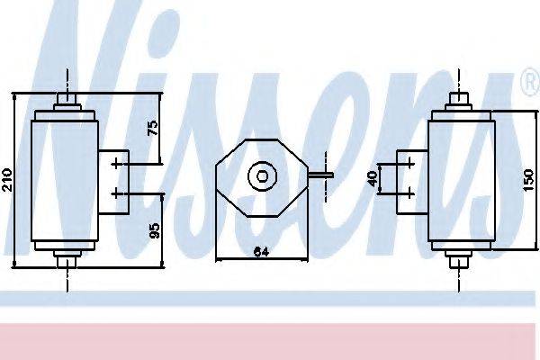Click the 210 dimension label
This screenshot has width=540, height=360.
(7, 179)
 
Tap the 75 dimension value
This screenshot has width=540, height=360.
(153, 128)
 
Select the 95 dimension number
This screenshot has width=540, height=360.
(155, 230)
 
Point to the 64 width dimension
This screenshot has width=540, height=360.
(261, 252)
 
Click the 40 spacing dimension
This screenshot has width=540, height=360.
(373, 179)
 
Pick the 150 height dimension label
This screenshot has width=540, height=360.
(528, 179)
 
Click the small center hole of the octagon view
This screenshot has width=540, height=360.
(263, 176)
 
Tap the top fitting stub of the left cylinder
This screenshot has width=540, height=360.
(67, 98)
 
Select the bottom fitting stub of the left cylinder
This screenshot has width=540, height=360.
(67, 262)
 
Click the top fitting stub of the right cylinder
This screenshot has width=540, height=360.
(459, 98)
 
